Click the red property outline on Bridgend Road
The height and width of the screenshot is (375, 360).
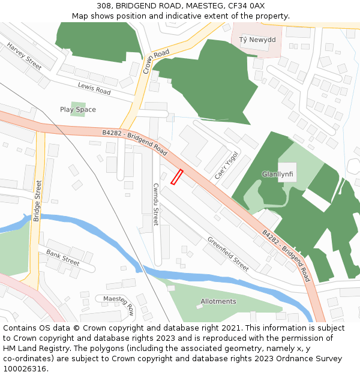[x=176, y=177]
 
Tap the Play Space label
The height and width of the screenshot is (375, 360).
[x=77, y=110]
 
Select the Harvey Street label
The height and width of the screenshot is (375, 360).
[x=25, y=55]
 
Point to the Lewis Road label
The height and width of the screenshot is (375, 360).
[x=94, y=89]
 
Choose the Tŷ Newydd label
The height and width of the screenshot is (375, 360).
[x=257, y=40]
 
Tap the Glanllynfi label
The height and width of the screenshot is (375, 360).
[x=277, y=175]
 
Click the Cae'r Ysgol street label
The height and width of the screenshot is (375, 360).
[x=227, y=166]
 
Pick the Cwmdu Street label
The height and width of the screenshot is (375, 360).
[x=155, y=205]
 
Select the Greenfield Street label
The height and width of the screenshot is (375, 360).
[x=228, y=254]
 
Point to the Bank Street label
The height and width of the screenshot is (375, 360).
[x=63, y=258]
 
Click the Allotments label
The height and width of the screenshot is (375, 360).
[x=218, y=302]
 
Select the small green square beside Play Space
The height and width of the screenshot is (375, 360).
[x=77, y=109]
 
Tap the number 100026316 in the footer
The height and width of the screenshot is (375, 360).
[x=25, y=368]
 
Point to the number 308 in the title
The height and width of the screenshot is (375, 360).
[x=104, y=6]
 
